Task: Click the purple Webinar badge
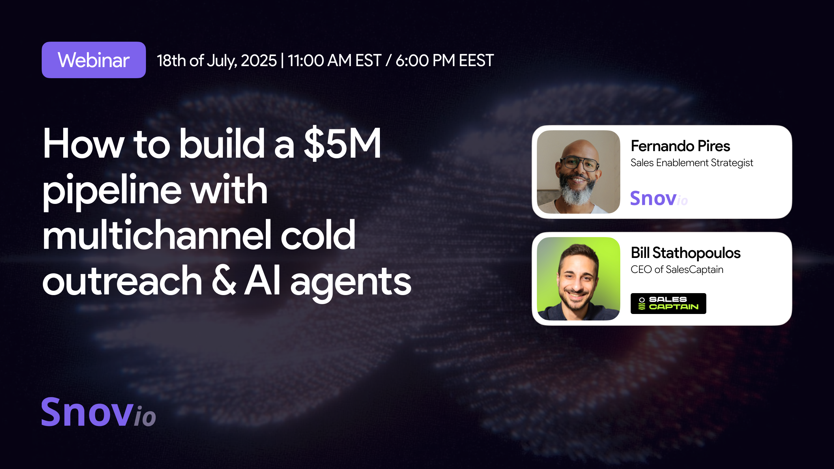point(93,60)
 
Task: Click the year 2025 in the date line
point(258,61)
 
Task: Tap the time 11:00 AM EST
point(334,61)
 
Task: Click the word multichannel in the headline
point(156,235)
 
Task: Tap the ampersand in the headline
point(224,281)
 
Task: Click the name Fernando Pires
point(680,146)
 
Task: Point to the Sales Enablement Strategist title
point(692,163)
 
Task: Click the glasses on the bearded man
point(579,163)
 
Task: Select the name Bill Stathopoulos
point(685,253)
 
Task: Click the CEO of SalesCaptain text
point(677,270)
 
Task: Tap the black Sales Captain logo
point(668,303)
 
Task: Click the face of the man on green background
point(577,280)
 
